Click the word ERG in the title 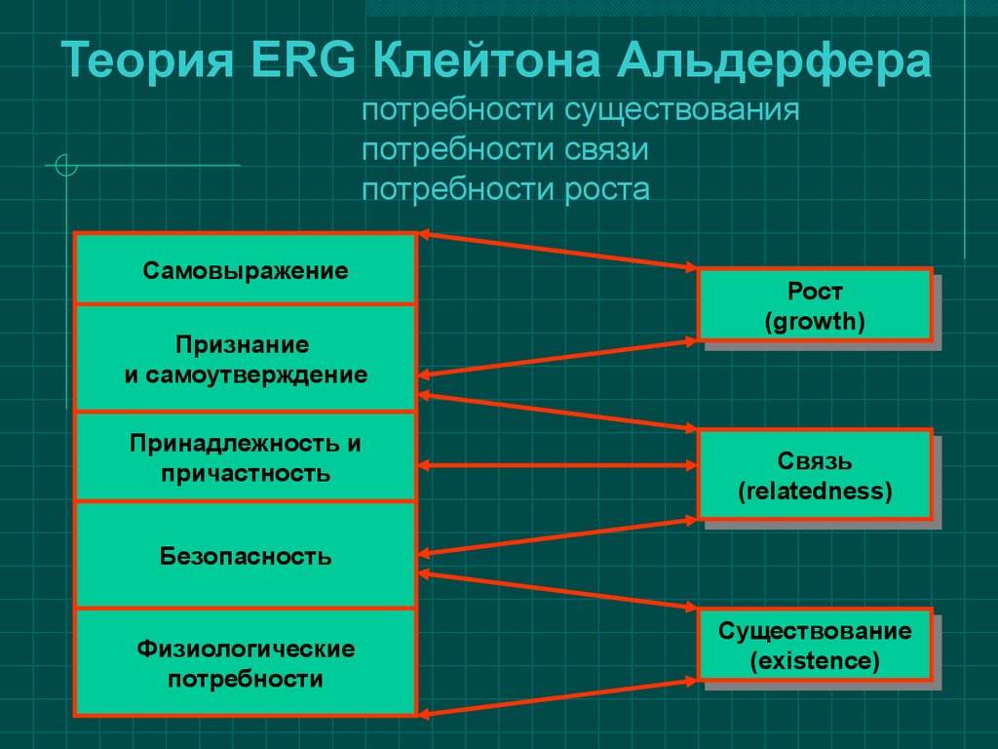pyautogui.click(x=303, y=60)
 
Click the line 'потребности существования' pyautogui.click(x=581, y=110)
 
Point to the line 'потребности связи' pyautogui.click(x=506, y=150)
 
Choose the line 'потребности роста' pyautogui.click(x=506, y=190)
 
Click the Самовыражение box pyautogui.click(x=245, y=269)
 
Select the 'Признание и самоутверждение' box pyautogui.click(x=245, y=359)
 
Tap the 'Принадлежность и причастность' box pyautogui.click(x=245, y=457)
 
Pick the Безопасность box pyautogui.click(x=245, y=555)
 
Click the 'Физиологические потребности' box pyautogui.click(x=245, y=663)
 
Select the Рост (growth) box pyautogui.click(x=815, y=305)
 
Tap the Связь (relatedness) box pyautogui.click(x=815, y=475)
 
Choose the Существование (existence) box pyautogui.click(x=815, y=645)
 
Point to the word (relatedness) pyautogui.click(x=815, y=492)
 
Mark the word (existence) pyautogui.click(x=815, y=661)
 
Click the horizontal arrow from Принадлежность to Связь pyautogui.click(x=557, y=465)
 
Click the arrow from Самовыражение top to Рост pyautogui.click(x=557, y=252)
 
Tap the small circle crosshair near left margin pyautogui.click(x=66, y=165)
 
